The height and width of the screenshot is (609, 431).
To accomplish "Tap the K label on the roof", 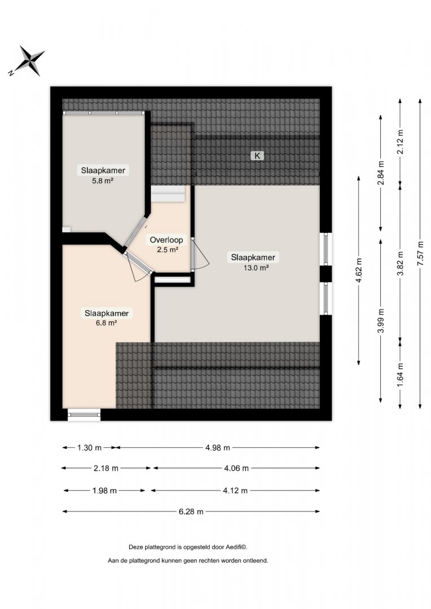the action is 257,156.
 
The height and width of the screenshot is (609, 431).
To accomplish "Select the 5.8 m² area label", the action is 103,180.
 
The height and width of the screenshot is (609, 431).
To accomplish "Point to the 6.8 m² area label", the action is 107,323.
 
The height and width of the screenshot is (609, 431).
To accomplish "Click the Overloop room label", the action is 166,240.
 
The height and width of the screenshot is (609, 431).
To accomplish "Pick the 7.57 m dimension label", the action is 420,254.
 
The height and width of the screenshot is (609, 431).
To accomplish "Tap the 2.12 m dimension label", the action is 400,142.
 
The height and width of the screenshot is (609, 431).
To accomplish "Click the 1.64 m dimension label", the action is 400,374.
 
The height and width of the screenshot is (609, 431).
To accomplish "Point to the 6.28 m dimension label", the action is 191,511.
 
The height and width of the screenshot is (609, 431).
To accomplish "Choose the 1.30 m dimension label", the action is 89,448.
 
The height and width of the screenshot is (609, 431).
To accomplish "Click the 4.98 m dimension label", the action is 218,448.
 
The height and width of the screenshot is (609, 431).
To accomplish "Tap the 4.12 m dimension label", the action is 235,491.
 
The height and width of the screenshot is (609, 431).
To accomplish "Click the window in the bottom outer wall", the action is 84,414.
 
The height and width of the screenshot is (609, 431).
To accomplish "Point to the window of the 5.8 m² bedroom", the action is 104,113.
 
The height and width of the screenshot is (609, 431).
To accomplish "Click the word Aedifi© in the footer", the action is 237,547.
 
